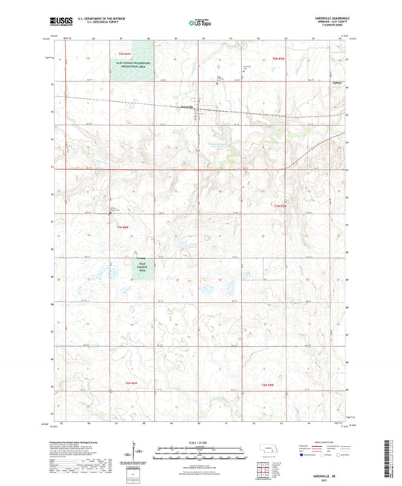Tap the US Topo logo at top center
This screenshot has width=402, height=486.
pos(200,23)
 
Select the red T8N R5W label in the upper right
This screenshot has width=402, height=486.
pos(259,58)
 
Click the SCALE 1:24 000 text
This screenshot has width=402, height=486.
pos(200,442)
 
